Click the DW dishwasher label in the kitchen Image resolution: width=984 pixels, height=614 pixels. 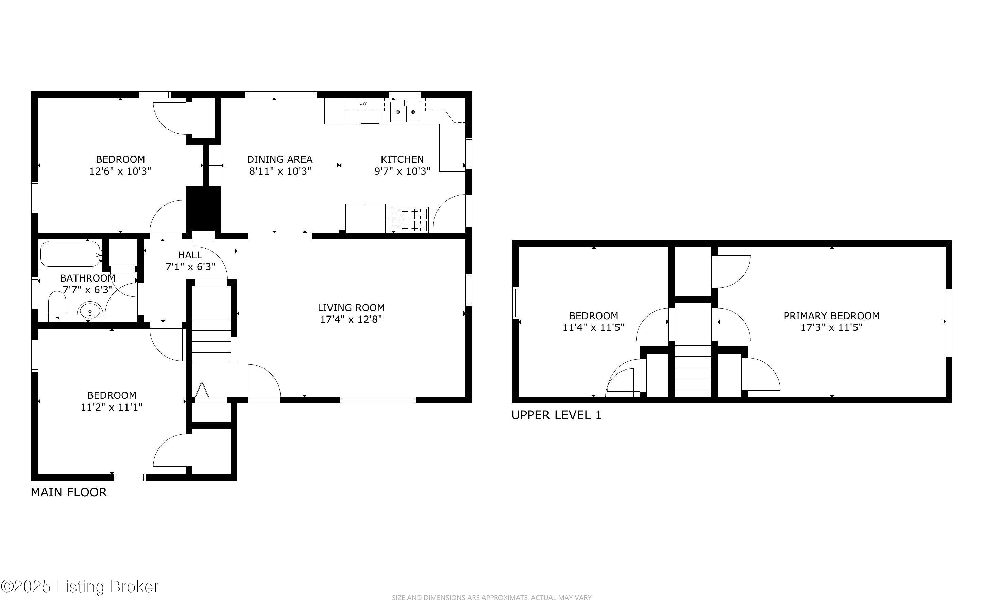tap(363, 104)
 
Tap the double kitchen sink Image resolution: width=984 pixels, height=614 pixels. tap(405, 112)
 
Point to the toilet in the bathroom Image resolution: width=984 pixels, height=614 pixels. tap(57, 307)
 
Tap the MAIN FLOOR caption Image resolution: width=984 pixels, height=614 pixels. tap(69, 492)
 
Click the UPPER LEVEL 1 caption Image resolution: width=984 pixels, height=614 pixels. tap(556, 415)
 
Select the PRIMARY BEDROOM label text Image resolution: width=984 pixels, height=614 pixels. tap(831, 315)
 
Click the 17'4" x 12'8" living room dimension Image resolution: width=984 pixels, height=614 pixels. tap(351, 319)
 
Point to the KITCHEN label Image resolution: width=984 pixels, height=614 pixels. tap(402, 159)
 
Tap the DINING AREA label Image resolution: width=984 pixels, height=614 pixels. tap(279, 159)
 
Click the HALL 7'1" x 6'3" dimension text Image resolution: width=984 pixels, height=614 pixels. tap(190, 267)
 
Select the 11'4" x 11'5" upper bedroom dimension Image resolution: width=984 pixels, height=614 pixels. tap(593, 327)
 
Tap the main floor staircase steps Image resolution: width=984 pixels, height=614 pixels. tap(211, 341)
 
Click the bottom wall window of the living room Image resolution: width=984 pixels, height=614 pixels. tap(378, 400)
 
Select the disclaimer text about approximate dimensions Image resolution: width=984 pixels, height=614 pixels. tap(491, 598)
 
